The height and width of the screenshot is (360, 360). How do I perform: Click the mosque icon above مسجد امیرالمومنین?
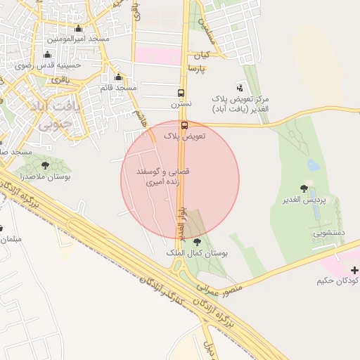click(77, 29)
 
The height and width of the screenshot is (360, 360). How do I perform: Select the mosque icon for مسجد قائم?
click(118, 77)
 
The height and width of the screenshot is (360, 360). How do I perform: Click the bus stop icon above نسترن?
click(181, 94)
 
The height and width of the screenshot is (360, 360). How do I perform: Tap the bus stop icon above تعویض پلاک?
click(184, 125)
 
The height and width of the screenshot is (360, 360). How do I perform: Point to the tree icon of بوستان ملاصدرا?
click(46, 166)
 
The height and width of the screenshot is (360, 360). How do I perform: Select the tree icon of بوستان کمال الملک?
click(196, 242)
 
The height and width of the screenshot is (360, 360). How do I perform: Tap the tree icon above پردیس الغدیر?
click(304, 188)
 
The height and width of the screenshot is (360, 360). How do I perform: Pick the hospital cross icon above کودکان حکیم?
click(354, 270)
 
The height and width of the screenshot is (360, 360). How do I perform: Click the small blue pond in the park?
click(313, 166)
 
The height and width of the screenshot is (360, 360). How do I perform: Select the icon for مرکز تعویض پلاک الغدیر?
click(241, 87)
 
